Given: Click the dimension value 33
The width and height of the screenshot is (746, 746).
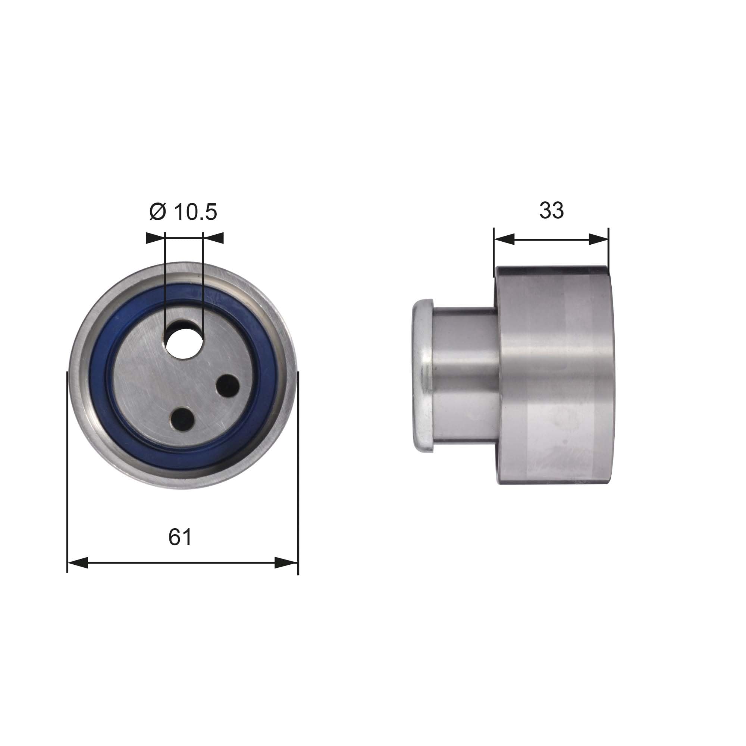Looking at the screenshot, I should coord(551,210).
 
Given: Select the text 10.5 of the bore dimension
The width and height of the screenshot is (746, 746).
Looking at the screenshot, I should coord(196,212).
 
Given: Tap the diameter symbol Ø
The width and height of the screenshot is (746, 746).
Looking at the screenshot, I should coord(157,212).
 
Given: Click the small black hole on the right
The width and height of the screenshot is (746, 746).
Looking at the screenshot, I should coord(228,385).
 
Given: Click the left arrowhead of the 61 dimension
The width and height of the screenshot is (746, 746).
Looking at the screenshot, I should coord(78,562).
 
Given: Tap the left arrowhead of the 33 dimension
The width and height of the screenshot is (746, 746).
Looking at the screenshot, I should coord(504,239).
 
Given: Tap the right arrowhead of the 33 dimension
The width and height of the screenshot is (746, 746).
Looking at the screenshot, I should coord(599,239).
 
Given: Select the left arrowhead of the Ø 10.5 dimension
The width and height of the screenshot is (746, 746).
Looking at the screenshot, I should coord(154,238).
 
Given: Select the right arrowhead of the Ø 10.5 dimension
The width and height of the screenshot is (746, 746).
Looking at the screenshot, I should coord(213,238).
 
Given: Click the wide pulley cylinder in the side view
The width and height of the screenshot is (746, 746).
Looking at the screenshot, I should coord(554,374).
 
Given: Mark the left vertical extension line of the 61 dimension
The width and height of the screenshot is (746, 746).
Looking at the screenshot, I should coord(68,463).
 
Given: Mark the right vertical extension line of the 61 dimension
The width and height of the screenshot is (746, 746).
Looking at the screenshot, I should coord(298,463).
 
